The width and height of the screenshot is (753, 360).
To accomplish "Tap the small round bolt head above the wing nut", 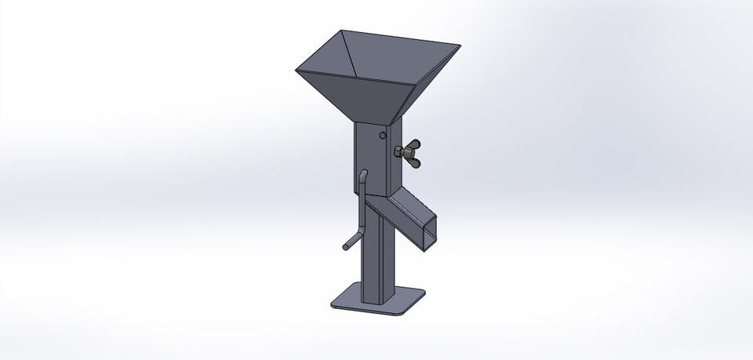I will [x=382, y=136].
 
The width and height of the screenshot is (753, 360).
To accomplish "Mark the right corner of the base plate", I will [x=424, y=293].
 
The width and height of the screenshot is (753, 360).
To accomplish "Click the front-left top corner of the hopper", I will [x=297, y=71].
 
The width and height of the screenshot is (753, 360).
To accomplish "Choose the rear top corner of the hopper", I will [x=344, y=31].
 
